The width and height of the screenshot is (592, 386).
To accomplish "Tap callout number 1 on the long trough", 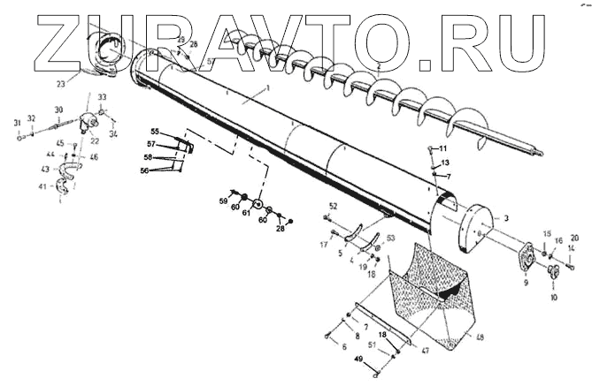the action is point(265,91).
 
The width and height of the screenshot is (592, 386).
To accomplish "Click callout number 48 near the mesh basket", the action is point(481,337).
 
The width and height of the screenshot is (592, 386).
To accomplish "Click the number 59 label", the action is point(224,201).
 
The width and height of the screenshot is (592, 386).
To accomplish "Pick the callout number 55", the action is point(154,131).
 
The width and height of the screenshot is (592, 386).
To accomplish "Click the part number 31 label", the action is point(17,122).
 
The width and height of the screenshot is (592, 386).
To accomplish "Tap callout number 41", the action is point(42,186).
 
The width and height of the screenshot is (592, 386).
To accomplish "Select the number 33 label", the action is point(102,96).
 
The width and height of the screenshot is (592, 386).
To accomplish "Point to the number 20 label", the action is point(574,238).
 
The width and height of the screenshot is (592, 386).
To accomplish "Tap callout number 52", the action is point(333,206).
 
